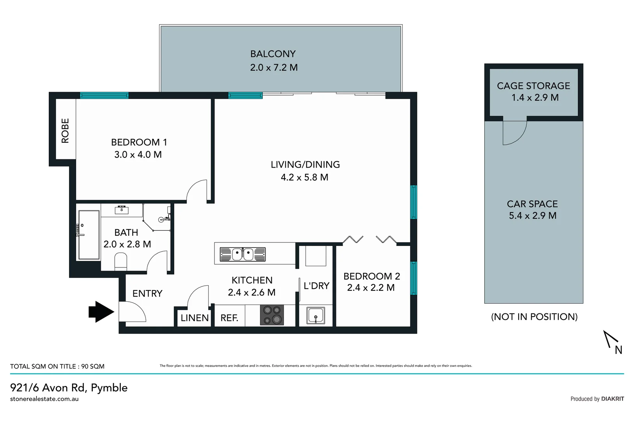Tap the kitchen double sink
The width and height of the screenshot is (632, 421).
[243, 254]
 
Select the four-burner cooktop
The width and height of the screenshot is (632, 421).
[272, 315]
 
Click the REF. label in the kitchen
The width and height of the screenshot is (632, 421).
[229, 318]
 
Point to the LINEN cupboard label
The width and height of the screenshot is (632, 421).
[195, 318]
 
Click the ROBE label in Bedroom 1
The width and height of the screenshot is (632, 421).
[65, 131]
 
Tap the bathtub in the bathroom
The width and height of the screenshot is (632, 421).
[89, 235]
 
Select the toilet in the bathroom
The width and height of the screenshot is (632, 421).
[121, 262]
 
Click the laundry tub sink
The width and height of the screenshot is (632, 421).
[315, 315]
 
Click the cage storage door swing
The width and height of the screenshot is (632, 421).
[513, 133]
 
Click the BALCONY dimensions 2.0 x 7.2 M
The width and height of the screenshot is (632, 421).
[274, 67]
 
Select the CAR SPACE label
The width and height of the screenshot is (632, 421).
[532, 204]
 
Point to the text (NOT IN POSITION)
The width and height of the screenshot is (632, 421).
[534, 317]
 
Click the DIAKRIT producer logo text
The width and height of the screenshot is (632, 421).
[613, 399]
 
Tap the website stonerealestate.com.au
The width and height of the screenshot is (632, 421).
[44, 399]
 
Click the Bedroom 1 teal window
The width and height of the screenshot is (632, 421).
[104, 96]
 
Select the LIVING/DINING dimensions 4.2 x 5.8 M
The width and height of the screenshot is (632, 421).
[304, 177]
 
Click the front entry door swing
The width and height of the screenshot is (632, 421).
[132, 312]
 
